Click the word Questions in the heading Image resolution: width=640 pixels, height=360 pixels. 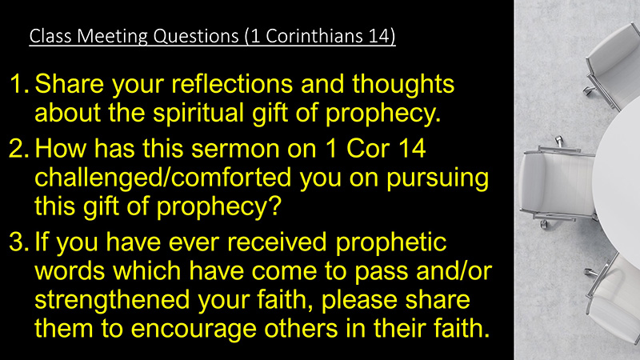pyautogui.click(x=196, y=36)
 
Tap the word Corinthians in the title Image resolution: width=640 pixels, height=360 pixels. pyautogui.click(x=314, y=35)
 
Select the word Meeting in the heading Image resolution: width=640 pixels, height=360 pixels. pyautogui.click(x=112, y=37)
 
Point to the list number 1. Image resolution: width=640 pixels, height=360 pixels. pyautogui.click(x=18, y=84)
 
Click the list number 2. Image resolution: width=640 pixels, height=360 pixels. pyautogui.click(x=18, y=149)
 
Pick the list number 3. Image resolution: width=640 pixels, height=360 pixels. pyautogui.click(x=18, y=242)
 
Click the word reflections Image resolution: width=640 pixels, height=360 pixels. pyautogui.click(x=232, y=84)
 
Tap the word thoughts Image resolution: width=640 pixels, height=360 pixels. pyautogui.click(x=403, y=85)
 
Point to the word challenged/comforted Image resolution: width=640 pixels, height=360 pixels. pyautogui.click(x=163, y=178)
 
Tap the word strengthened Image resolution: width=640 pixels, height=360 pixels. pyautogui.click(x=112, y=300)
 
